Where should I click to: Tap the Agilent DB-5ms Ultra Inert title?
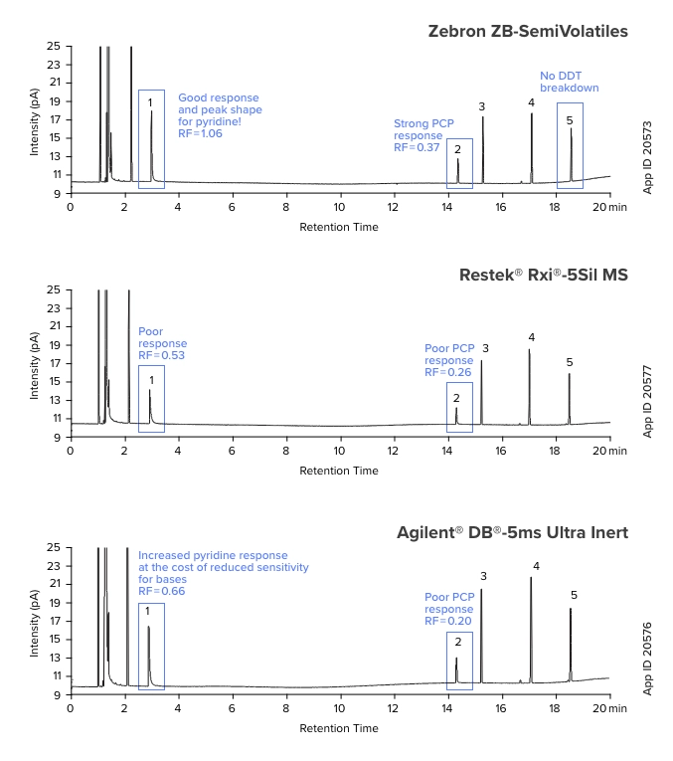click(x=513, y=532)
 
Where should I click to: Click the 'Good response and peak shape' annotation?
click(x=220, y=115)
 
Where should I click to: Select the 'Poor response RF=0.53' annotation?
click(x=162, y=343)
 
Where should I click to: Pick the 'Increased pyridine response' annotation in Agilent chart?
click(x=223, y=573)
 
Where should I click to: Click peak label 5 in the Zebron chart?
click(x=570, y=120)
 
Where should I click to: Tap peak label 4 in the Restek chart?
click(x=532, y=337)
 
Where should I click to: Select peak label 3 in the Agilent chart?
click(x=483, y=576)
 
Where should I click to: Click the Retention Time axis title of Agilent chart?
click(x=339, y=728)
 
